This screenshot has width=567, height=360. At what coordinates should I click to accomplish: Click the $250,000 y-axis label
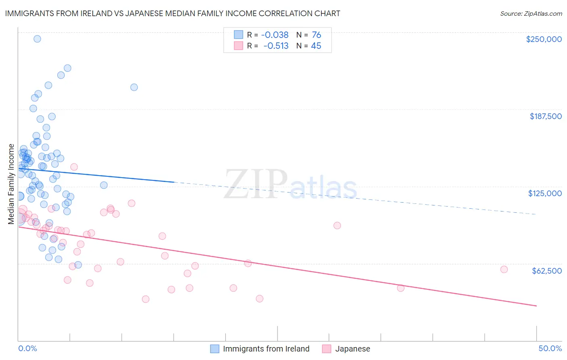[x=544, y=39]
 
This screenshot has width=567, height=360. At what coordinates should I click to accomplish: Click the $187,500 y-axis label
[x=545, y=116]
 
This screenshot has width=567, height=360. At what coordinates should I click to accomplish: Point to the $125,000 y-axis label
[x=545, y=193]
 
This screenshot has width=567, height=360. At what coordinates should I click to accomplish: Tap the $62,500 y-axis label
[x=546, y=271]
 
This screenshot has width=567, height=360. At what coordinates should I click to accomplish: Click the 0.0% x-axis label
[x=27, y=349]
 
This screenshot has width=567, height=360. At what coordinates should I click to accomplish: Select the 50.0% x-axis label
[x=550, y=349]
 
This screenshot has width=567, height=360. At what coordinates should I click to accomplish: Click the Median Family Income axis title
[x=11, y=184]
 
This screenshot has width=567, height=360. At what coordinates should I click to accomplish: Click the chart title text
[x=173, y=14]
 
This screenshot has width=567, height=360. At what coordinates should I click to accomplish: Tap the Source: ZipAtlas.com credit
[x=531, y=14]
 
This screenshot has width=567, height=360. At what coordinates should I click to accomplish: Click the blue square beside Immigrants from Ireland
[x=215, y=349]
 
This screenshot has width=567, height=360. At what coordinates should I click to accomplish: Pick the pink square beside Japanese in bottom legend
[x=327, y=349]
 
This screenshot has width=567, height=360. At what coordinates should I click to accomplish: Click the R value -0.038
[x=275, y=35]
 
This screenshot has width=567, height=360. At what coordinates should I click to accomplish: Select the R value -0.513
[x=276, y=46]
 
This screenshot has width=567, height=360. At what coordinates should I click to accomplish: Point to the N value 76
[x=316, y=35]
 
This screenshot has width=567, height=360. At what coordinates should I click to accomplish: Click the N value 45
[x=316, y=46]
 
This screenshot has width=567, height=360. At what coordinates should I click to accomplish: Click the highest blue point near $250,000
[x=37, y=39]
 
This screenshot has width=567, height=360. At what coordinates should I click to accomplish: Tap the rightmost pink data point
[x=504, y=270]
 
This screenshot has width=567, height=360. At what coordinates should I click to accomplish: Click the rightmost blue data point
[x=134, y=87]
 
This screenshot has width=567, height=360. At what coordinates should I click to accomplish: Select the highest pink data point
[x=74, y=167]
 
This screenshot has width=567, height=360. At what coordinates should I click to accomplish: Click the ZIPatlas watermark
[x=290, y=185]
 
